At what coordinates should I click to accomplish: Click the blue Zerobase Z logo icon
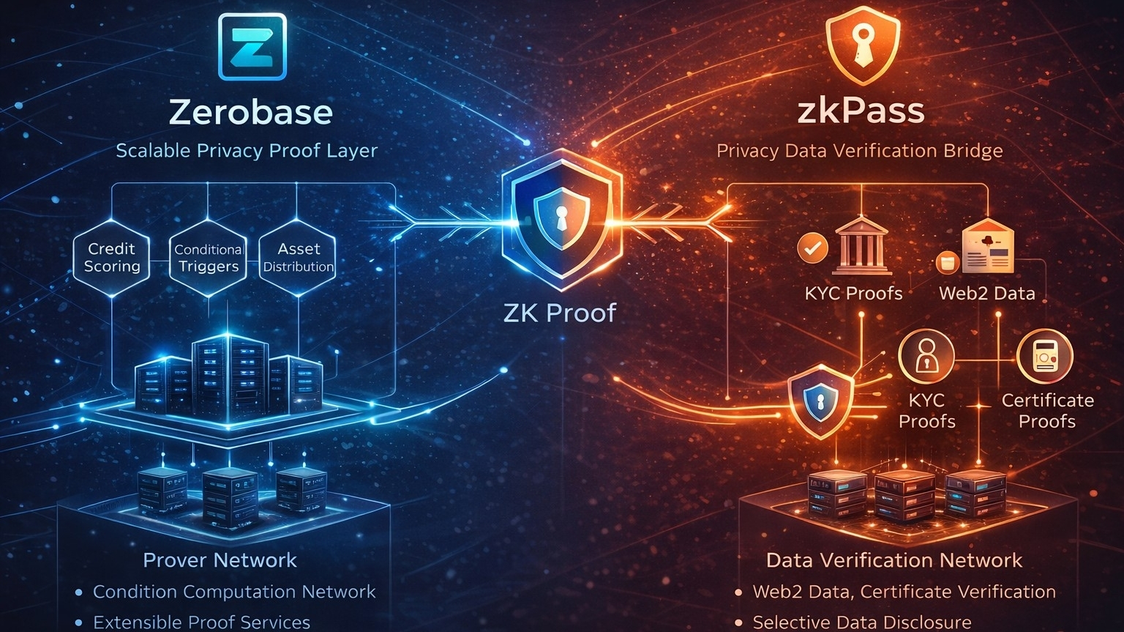pos(252,46)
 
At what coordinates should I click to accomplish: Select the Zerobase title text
pos(251,112)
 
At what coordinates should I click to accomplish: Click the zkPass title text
pos(860,112)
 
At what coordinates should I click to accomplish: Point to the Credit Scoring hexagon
pos(112,258)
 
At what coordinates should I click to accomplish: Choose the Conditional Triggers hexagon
pos(209,258)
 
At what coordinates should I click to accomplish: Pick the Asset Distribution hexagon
pos(298,258)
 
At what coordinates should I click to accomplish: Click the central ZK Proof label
pos(560,313)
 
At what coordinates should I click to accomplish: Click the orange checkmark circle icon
pos(812,248)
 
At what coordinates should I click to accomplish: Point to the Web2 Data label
pos(986,294)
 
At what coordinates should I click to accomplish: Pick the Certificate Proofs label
pos(1047,411)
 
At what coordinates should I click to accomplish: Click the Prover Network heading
pos(220,560)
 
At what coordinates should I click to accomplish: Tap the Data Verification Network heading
pos(893,560)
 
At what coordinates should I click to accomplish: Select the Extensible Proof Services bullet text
pos(201,622)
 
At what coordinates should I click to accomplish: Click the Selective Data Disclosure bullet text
pos(862,622)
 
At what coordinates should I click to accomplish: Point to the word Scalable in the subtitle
pos(152,151)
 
